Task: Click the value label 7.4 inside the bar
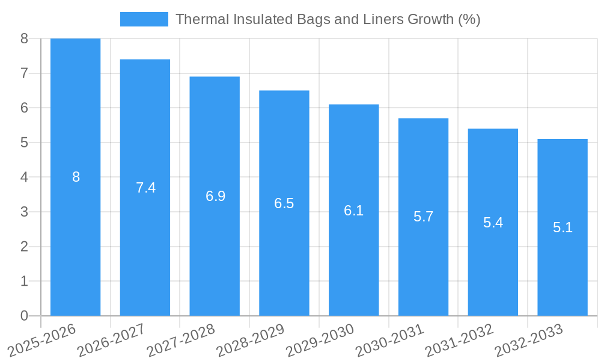145,188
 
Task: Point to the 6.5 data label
284,203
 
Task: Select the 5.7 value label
423,217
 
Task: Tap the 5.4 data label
493,223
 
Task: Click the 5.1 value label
563,227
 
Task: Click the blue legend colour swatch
144,19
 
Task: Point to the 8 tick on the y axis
24,39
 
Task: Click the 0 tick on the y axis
24,316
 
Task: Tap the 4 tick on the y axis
24,177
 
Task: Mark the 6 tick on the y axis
24,108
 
